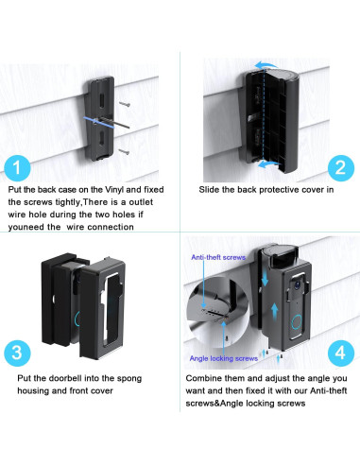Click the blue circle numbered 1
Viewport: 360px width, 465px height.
coord(17,168)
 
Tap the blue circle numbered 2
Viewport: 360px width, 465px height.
coord(341,168)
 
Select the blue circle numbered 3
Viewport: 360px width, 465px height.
coord(17,353)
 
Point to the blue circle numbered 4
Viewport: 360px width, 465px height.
coord(341,353)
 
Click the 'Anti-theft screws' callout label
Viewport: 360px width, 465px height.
coord(218,257)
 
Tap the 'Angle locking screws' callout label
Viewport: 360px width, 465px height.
coord(224,358)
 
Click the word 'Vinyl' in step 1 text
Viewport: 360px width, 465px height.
coord(114,190)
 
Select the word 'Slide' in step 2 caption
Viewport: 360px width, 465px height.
coord(208,190)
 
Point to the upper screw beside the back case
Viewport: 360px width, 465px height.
coord(125,104)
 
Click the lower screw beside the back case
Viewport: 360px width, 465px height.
coord(124,152)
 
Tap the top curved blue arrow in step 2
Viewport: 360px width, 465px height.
coord(266,65)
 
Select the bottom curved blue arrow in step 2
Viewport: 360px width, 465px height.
coord(267,164)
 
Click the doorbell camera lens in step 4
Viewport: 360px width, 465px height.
coord(297,284)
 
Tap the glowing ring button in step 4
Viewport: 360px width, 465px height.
coord(297,323)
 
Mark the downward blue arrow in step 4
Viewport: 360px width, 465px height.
coord(265,278)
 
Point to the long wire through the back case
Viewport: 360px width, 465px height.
coord(114,123)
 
